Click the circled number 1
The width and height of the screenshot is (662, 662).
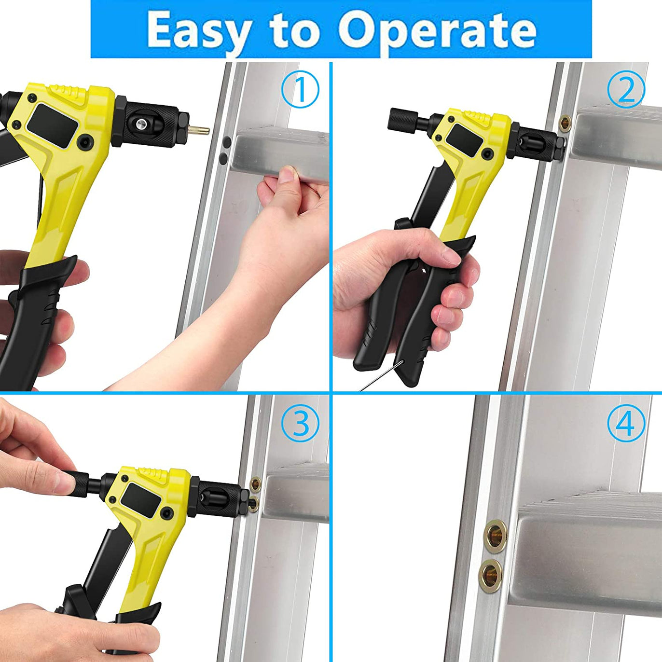(x=300, y=89)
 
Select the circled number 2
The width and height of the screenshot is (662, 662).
(x=626, y=89)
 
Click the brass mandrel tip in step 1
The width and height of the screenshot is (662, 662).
(x=199, y=130)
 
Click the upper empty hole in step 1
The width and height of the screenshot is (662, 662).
(x=227, y=141)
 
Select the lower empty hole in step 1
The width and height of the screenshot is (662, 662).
(x=224, y=158)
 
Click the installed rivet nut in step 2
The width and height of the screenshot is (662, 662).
(x=565, y=123)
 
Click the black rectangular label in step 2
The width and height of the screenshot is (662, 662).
(x=463, y=140)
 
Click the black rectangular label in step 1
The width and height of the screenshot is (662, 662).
(x=53, y=126)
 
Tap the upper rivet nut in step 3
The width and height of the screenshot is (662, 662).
(x=255, y=484)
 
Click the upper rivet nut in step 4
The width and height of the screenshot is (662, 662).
(x=496, y=536)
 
